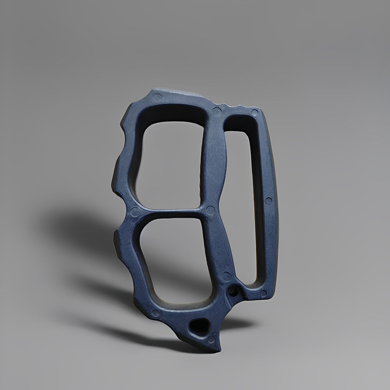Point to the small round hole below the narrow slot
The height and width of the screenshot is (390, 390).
pyautogui.click(x=234, y=291)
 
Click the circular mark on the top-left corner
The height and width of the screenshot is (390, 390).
pyautogui.click(x=158, y=97)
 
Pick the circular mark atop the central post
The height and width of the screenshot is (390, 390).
pyautogui.click(x=217, y=111)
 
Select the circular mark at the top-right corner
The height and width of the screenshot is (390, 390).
pyautogui.click(x=254, y=113)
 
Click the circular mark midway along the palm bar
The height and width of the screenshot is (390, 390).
pyautogui.click(x=268, y=201)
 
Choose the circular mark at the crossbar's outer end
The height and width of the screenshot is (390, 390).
pyautogui.click(x=135, y=212)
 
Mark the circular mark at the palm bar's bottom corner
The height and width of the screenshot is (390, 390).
pyautogui.click(x=263, y=292)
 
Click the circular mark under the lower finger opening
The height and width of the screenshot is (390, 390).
pyautogui.click(x=156, y=312)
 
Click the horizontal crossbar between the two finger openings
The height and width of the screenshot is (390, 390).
pyautogui.click(x=172, y=213)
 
